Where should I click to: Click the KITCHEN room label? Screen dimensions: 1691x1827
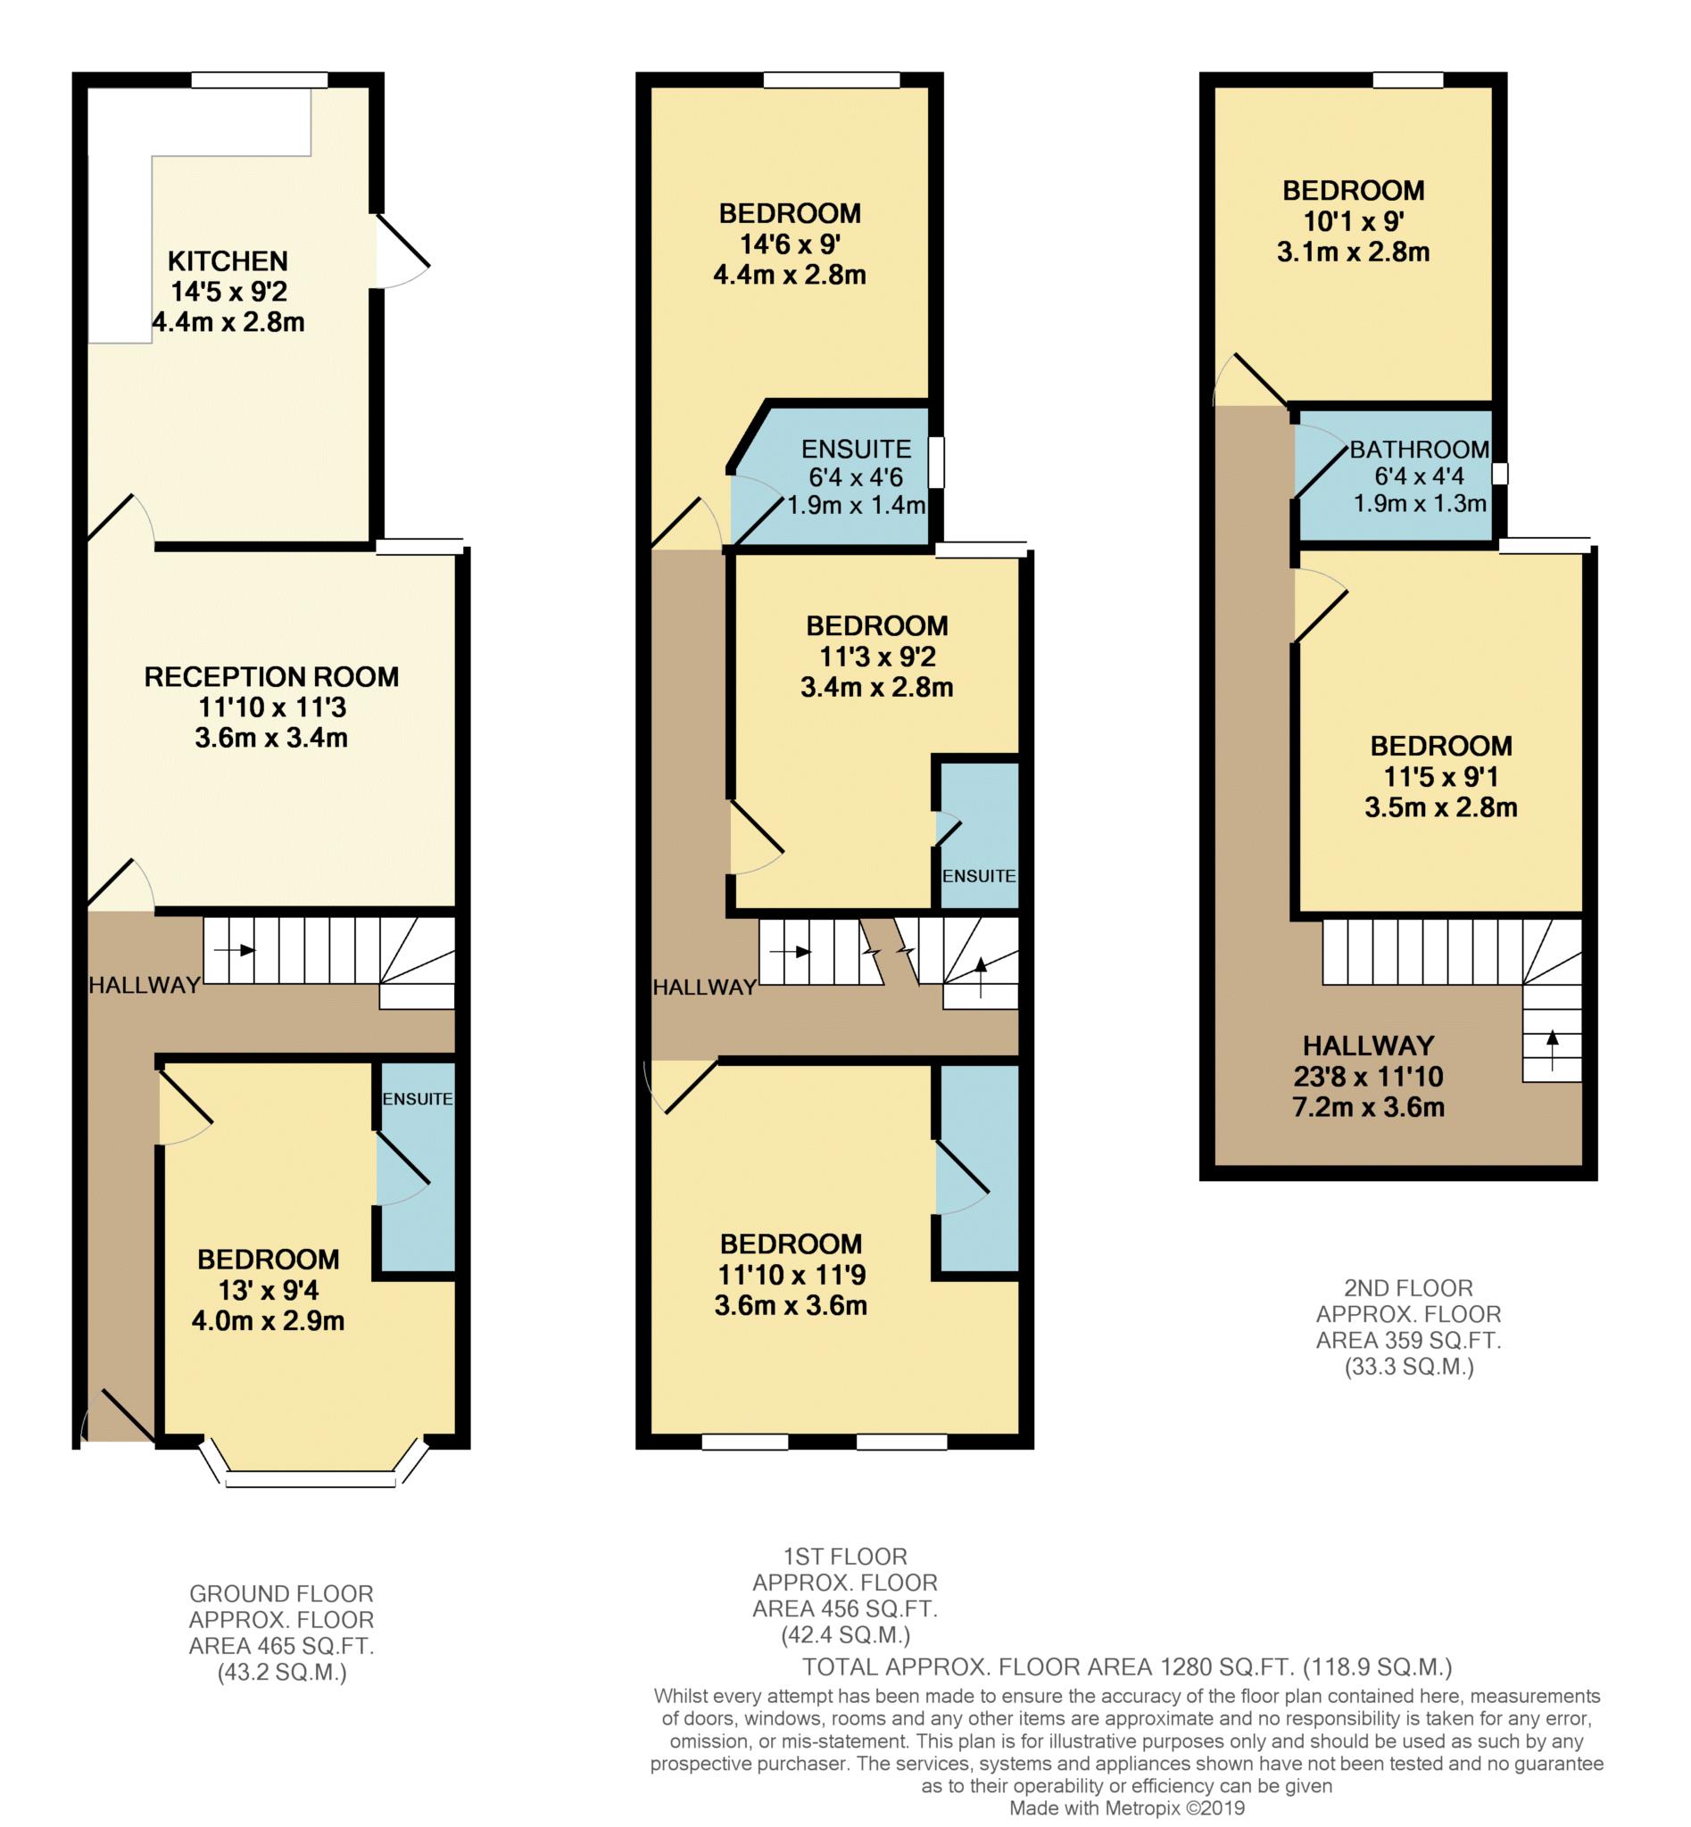228,261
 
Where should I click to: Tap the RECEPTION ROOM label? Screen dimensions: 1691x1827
272,677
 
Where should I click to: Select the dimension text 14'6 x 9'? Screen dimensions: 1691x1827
790,244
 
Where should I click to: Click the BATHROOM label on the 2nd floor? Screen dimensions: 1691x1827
1419,450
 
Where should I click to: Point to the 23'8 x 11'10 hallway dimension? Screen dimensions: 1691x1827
1368,1077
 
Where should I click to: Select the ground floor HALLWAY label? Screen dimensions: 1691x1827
145,986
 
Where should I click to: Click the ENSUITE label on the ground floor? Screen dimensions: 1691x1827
418,1099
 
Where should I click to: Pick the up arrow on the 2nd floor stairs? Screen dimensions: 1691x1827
1552,1049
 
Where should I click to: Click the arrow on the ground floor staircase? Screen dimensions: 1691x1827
235,951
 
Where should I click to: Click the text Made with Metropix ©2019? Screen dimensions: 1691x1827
1126,1807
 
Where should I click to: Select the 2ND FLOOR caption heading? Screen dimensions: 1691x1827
1408,1288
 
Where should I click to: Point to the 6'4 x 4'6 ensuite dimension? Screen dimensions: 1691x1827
856,477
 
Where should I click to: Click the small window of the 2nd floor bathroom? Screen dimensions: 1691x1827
1500,473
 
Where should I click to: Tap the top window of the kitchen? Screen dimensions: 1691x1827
259,80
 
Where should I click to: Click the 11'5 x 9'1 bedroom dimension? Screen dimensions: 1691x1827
1440,777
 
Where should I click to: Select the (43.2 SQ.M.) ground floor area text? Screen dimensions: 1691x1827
282,1673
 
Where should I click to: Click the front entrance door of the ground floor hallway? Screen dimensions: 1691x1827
118,1417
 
